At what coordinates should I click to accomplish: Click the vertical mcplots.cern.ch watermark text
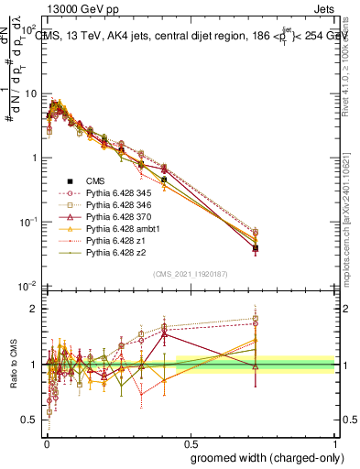(352, 220)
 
